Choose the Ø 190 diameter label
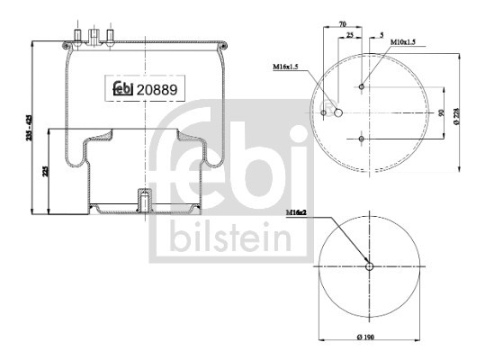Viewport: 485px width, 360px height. pos(371,337)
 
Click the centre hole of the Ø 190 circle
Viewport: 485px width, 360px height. pos(371,265)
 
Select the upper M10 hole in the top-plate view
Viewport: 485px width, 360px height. pos(361,87)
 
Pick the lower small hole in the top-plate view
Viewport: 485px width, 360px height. pos(361,139)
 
